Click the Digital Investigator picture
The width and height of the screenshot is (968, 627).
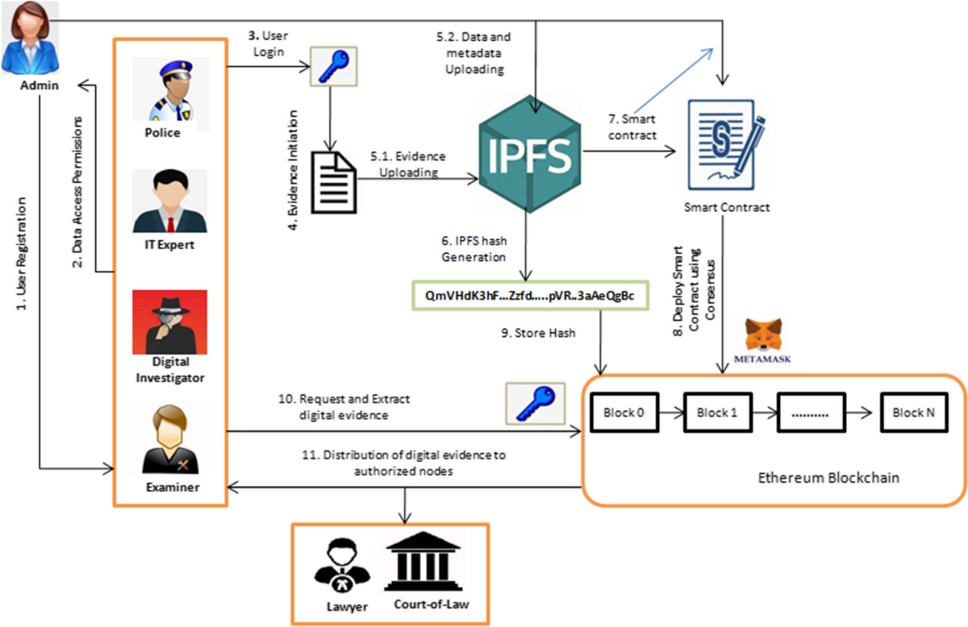click(x=169, y=322)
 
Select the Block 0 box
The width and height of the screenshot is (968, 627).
click(x=625, y=413)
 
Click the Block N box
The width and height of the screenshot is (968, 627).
click(x=913, y=413)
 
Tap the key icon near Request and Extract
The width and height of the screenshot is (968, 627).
click(x=528, y=401)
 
